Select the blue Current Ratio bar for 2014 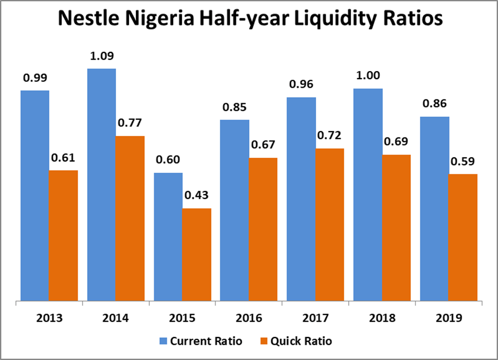[x=102, y=185]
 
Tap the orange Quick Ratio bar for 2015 [x=196, y=255]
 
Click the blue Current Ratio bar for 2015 [x=168, y=237]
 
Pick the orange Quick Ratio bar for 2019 [x=463, y=238]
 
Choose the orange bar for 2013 [x=63, y=235]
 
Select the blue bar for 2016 [x=234, y=210]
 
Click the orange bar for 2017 [x=330, y=225]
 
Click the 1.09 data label [x=102, y=56]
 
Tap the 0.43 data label [x=196, y=196]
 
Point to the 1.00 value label [x=367, y=76]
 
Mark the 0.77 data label [x=130, y=124]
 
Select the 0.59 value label [x=463, y=162]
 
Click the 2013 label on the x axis [x=49, y=318]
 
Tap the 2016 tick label [x=249, y=318]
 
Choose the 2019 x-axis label [x=448, y=318]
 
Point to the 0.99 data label [x=35, y=78]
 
